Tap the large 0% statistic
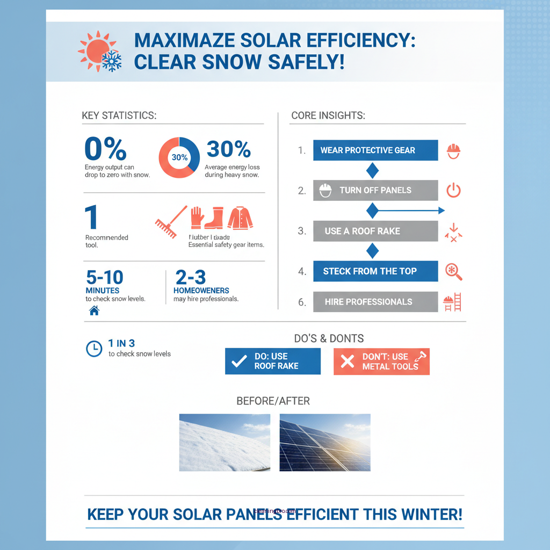(x=105, y=149)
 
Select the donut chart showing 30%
(x=179, y=157)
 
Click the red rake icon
(x=170, y=223)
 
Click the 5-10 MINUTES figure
(x=105, y=282)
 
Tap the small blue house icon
(x=94, y=310)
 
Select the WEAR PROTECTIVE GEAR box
(x=375, y=150)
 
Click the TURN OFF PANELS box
(x=375, y=190)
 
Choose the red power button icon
(x=454, y=190)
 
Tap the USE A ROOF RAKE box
(x=375, y=231)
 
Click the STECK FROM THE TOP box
(x=375, y=271)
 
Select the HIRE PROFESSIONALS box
(x=375, y=302)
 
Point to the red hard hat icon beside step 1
(x=454, y=150)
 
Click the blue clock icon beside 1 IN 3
(x=94, y=349)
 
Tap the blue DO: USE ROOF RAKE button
(x=272, y=361)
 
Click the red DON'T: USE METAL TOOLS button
(x=381, y=361)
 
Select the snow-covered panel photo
(x=225, y=443)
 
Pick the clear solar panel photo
(x=325, y=443)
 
